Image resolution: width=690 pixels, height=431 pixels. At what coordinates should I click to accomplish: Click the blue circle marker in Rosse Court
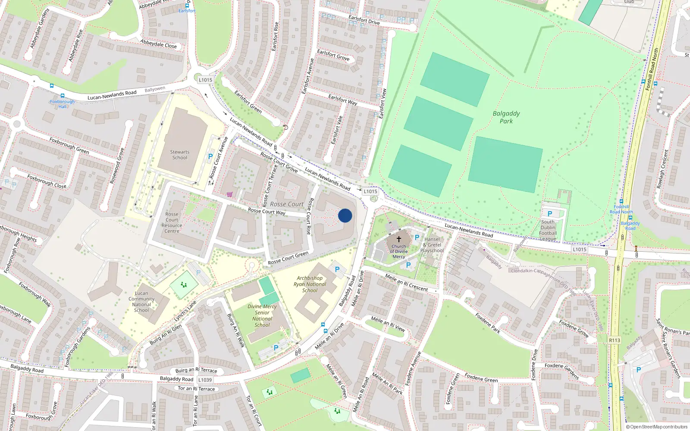pos(345,215)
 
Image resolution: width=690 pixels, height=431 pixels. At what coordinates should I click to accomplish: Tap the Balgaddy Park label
pos(506,117)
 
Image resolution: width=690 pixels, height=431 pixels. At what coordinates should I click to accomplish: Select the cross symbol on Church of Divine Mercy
pos(399,239)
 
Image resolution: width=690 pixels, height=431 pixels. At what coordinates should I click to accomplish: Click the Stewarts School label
pos(180,155)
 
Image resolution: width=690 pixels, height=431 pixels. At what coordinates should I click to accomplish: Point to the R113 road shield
pos(615,340)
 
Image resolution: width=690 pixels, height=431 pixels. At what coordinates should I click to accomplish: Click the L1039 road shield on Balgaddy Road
pos(205,380)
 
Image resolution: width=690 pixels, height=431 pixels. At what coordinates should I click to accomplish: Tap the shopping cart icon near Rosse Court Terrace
pos(229,194)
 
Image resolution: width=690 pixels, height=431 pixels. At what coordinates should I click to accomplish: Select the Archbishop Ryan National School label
pos(310,284)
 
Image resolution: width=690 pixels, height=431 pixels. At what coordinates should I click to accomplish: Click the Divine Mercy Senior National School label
pos(262,316)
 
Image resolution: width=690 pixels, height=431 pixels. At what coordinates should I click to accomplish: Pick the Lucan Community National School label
pos(141,302)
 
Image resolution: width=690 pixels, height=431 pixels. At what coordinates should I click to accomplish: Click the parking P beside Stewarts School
pos(210,157)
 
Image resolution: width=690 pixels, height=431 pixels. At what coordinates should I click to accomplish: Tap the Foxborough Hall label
pos(63,104)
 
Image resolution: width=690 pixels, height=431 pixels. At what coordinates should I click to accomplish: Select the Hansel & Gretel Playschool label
pos(432,245)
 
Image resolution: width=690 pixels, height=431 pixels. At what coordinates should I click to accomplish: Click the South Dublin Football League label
pos(548,231)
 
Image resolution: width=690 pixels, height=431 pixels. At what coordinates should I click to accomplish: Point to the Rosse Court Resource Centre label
pos(172,222)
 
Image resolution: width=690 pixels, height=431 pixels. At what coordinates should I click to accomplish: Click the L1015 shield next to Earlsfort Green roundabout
pos(205,80)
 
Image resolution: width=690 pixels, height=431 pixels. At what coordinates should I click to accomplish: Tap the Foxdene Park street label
pos(488,323)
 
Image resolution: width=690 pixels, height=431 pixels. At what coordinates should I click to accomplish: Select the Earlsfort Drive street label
pos(364,20)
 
